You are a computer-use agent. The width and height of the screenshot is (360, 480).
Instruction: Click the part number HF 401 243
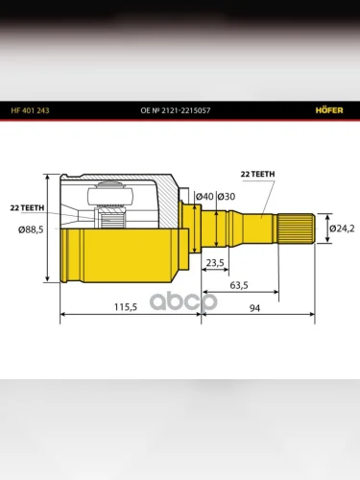30,110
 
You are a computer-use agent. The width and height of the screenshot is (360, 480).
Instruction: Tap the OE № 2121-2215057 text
176,110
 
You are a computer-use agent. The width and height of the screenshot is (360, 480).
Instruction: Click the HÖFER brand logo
329,110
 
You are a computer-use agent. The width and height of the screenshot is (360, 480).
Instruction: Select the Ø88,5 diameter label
31,229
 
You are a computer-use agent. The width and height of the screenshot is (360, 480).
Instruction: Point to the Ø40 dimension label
204,196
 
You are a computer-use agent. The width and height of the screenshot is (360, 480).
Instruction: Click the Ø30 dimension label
227,196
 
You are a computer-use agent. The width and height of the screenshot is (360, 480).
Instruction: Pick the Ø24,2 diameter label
342,228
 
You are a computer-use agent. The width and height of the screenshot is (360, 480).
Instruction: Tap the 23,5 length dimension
215,263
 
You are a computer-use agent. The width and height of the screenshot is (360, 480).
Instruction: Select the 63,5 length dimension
239,285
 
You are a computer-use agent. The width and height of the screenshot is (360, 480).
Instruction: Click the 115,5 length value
126,307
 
